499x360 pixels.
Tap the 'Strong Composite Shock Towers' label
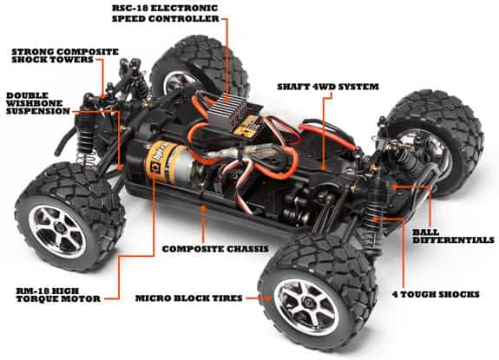tap(65, 58)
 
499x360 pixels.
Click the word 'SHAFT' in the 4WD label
tap(295, 87)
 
